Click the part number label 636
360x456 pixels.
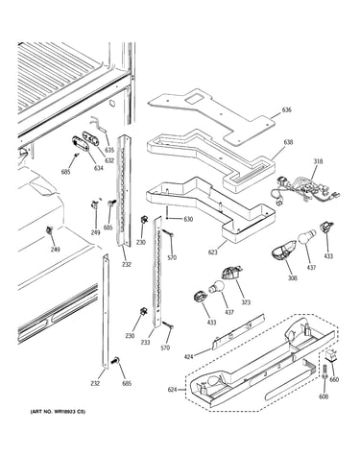(286, 110)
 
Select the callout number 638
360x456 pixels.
(288, 142)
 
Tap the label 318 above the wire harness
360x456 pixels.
(318, 161)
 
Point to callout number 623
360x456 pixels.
(212, 252)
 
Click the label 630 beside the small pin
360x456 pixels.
(188, 219)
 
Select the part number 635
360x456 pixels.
(109, 150)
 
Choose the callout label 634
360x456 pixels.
(99, 168)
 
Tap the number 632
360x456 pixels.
(109, 160)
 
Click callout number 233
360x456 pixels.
(145, 342)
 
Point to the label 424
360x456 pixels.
(189, 356)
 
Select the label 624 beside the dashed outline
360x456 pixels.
(173, 390)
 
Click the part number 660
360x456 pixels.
(334, 379)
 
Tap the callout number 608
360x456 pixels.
(324, 396)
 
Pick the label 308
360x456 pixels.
(292, 278)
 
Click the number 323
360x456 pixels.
(246, 302)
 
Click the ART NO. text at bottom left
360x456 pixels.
(58, 412)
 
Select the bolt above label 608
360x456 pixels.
(324, 372)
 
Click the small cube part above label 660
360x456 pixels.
(331, 355)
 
